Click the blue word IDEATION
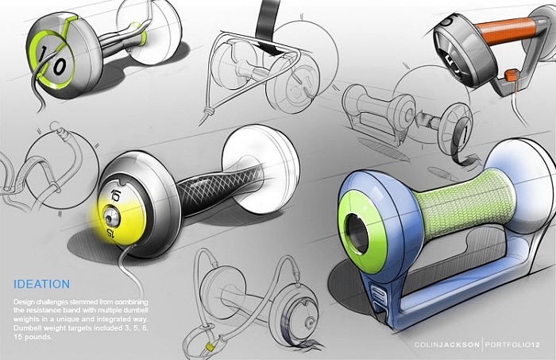pyautogui.click(x=42, y=284)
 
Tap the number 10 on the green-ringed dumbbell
pyautogui.click(x=52, y=61)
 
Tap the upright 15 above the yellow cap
pyautogui.click(x=116, y=195)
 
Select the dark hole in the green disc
pyautogui.click(x=357, y=233)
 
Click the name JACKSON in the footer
pyautogui.click(x=460, y=344)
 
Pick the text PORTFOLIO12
pyautogui.click(x=512, y=344)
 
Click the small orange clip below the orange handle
pyautogui.click(x=512, y=75)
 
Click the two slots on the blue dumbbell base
pyautogui.click(x=379, y=300)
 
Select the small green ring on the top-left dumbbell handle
pyautogui.click(x=139, y=34)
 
